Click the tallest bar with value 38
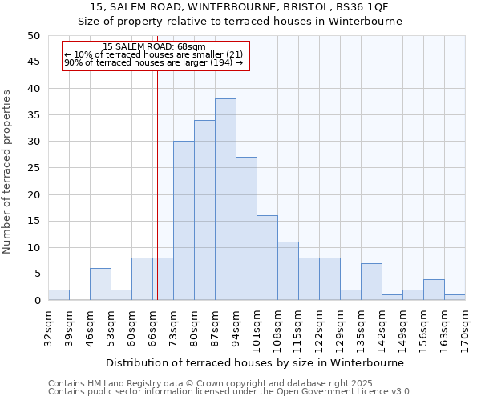pyautogui.click(x=225, y=199)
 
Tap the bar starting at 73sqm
pyautogui.click(x=184, y=221)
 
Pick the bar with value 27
pyautogui.click(x=246, y=229)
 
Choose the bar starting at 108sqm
pyautogui.click(x=288, y=271)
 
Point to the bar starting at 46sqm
pyautogui.click(x=100, y=284)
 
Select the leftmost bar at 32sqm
pyautogui.click(x=59, y=295)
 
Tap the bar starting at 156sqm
pyautogui.click(x=434, y=290)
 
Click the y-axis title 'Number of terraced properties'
pyautogui.click(x=8, y=172)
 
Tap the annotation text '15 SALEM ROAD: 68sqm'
pyautogui.click(x=155, y=47)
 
